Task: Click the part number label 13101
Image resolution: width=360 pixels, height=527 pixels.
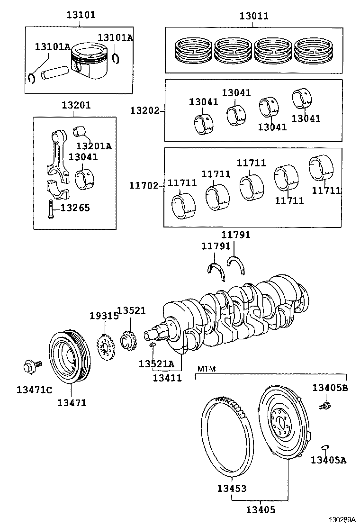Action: [x=80, y=15]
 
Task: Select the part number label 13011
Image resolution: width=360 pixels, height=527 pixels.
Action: [x=253, y=16]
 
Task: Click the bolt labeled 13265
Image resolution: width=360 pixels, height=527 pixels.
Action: [x=50, y=209]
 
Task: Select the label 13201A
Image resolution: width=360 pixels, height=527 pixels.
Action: [x=93, y=146]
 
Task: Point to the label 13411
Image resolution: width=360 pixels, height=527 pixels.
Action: [x=167, y=378]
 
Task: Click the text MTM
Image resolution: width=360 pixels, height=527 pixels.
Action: [x=206, y=368]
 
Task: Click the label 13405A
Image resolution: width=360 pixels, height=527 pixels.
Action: [x=329, y=459]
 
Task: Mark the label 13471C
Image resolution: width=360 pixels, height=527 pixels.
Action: [x=34, y=390]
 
